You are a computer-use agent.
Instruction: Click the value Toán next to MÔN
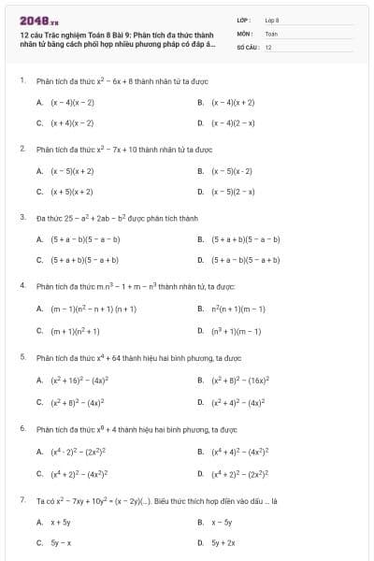[x=271, y=33]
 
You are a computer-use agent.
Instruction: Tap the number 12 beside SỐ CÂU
[x=268, y=46]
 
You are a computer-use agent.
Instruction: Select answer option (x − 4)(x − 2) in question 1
[x=72, y=102]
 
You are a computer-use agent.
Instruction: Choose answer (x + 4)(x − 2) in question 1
[x=72, y=122]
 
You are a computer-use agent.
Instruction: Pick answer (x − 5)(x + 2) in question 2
[x=72, y=171]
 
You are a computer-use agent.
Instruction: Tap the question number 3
[x=22, y=217]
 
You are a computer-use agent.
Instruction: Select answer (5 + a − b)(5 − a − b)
[x=85, y=239]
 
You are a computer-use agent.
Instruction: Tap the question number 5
[x=22, y=356]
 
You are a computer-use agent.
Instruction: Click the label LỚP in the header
[x=244, y=20]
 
